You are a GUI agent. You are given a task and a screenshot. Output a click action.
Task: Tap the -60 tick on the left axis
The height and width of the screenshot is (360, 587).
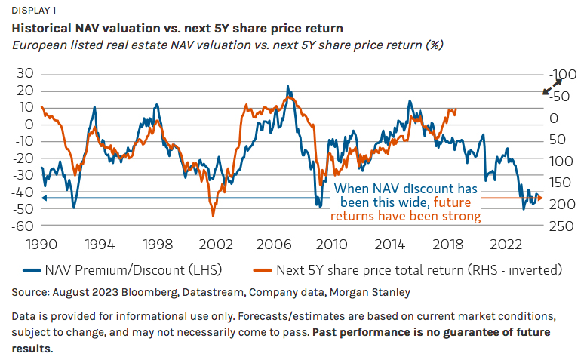tap(23, 226)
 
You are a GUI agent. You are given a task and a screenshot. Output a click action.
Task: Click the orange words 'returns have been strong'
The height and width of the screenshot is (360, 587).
tap(405, 216)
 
